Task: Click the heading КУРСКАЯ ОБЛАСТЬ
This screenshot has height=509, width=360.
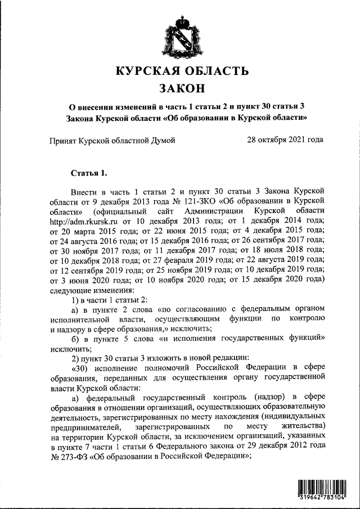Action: (181, 71)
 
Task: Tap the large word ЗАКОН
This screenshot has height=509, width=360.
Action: (181, 88)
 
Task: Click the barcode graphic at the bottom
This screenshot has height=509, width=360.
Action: (322, 487)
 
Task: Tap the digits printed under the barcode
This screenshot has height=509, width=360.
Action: (322, 499)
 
